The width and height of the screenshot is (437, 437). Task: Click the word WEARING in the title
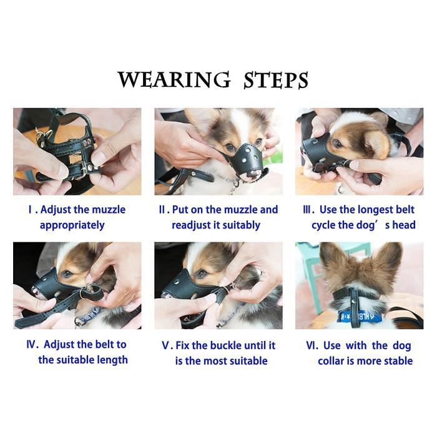click(174, 81)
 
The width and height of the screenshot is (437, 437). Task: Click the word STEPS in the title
click(276, 81)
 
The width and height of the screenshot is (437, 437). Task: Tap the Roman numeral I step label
click(30, 210)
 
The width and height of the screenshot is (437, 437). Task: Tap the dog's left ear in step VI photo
click(334, 259)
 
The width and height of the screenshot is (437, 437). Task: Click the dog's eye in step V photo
click(201, 273)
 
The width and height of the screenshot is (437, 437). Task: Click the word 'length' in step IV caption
click(112, 360)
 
